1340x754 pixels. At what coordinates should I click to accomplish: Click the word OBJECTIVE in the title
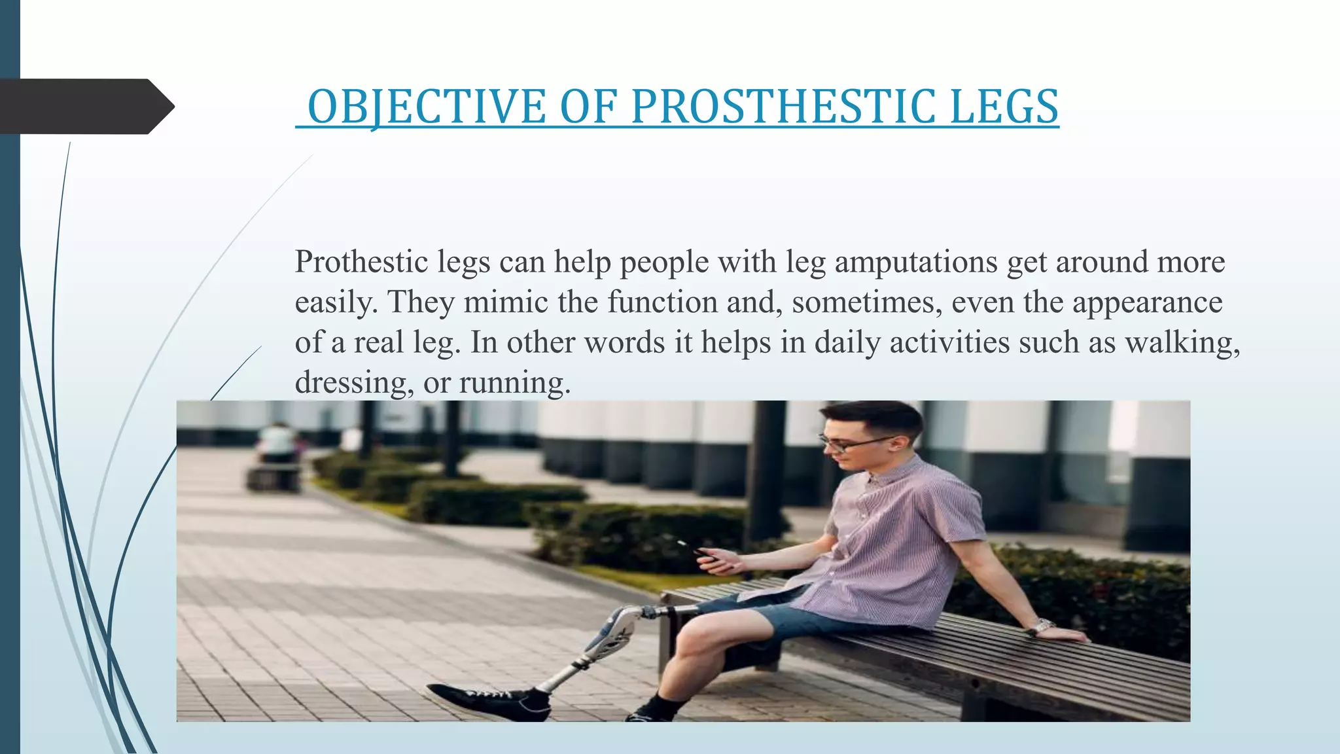point(427,107)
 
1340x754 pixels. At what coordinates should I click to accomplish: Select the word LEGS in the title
point(1004,107)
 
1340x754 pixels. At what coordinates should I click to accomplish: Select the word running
point(514,384)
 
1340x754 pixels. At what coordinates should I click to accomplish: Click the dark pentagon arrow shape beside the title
point(85,107)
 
